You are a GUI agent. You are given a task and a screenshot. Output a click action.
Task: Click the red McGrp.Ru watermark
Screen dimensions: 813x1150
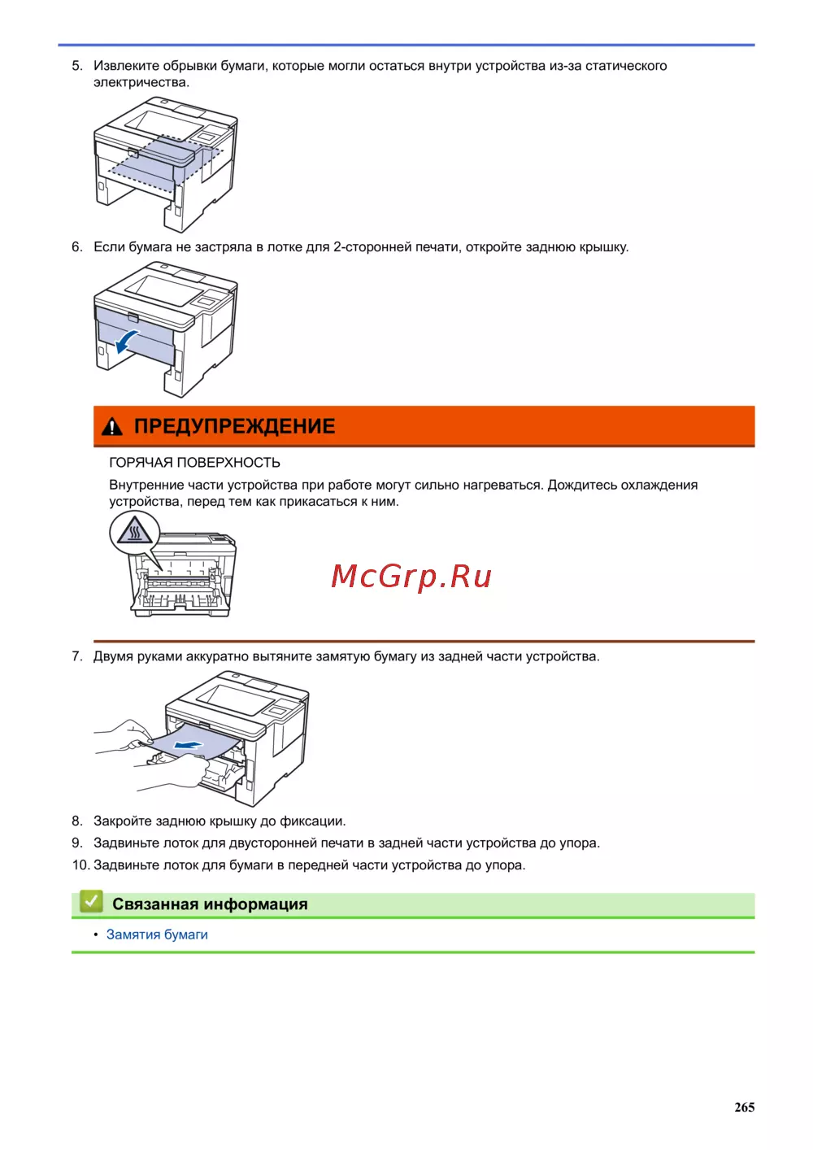click(411, 577)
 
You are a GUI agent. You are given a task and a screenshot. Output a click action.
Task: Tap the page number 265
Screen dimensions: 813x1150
click(744, 1107)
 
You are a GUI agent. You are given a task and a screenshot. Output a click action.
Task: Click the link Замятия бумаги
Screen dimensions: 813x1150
click(157, 934)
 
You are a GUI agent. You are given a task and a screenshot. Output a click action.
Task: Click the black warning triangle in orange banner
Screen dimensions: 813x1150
click(112, 427)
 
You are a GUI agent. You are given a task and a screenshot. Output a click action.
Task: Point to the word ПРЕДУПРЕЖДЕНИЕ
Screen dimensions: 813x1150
click(235, 426)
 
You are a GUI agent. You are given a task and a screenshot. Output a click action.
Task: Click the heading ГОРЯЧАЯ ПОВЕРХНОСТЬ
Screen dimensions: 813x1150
click(194, 463)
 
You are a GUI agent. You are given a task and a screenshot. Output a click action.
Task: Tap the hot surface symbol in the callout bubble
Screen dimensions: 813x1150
click(134, 530)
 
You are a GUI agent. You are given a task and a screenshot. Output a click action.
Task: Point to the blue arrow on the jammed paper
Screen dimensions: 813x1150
click(189, 744)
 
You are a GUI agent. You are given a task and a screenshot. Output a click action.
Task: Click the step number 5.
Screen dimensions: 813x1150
click(77, 66)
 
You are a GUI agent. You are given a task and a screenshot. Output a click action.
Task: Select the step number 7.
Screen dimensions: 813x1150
click(77, 656)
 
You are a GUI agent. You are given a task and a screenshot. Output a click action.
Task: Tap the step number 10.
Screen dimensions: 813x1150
click(81, 865)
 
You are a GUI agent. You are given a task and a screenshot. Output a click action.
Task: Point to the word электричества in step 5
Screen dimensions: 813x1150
click(141, 82)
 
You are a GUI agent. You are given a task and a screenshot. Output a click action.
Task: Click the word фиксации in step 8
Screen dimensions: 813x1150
click(312, 821)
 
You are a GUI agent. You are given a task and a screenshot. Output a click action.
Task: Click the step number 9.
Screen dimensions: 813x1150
click(77, 843)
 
